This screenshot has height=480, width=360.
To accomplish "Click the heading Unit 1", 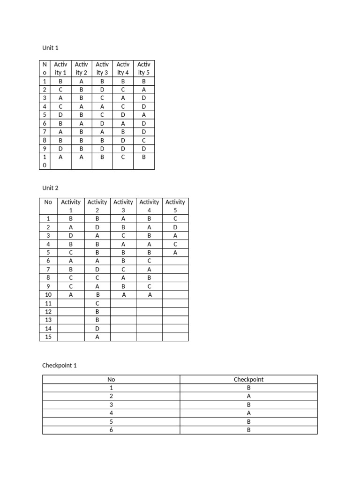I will (x=50, y=48).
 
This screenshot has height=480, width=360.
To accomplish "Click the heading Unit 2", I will (x=50, y=188).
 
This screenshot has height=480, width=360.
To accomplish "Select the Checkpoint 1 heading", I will (x=59, y=365).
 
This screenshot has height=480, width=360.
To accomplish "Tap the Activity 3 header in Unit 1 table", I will (x=102, y=68).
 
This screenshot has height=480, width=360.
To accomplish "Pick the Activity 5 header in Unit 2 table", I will (x=175, y=206).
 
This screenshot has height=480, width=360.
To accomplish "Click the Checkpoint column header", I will (x=248, y=379).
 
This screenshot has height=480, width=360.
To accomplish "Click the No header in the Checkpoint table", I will (x=111, y=379).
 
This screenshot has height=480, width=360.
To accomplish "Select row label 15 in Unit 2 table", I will (x=48, y=337).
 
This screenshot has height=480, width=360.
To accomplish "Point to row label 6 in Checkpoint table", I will (x=111, y=430).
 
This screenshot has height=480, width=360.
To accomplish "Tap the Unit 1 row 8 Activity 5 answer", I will (x=144, y=140).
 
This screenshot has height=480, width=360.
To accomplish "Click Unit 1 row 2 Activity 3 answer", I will (x=102, y=89).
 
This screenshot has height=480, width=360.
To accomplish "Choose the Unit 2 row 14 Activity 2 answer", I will (x=97, y=328).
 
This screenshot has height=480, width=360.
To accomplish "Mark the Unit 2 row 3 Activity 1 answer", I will (x=71, y=235).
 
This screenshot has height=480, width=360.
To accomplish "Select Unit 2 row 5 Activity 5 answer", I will (x=175, y=252).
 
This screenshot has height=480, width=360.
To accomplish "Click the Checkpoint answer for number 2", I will (x=248, y=396).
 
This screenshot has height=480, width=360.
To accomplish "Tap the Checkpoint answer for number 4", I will (x=248, y=413).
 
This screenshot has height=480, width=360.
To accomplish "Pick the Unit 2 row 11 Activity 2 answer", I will (x=97, y=303).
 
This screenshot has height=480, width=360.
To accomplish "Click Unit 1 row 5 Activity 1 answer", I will (x=61, y=114).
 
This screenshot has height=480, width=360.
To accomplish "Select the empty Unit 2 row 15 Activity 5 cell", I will (x=175, y=337).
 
